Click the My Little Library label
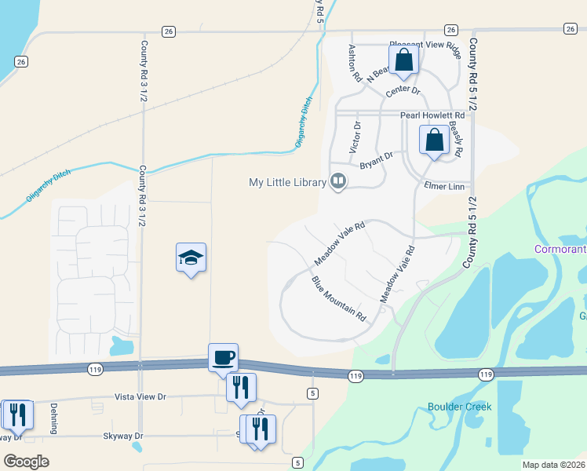click(287, 182)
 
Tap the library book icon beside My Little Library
click(338, 182)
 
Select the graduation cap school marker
click(191, 258)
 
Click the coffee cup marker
click(223, 357)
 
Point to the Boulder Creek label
click(459, 407)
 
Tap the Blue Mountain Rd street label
click(339, 299)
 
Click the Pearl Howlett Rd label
click(432, 115)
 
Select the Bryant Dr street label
click(376, 161)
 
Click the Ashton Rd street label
click(354, 64)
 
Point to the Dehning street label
click(54, 418)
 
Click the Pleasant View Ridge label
click(424, 46)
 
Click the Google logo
click(26, 462)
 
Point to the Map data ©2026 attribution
click(552, 465)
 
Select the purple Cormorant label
click(560, 250)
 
